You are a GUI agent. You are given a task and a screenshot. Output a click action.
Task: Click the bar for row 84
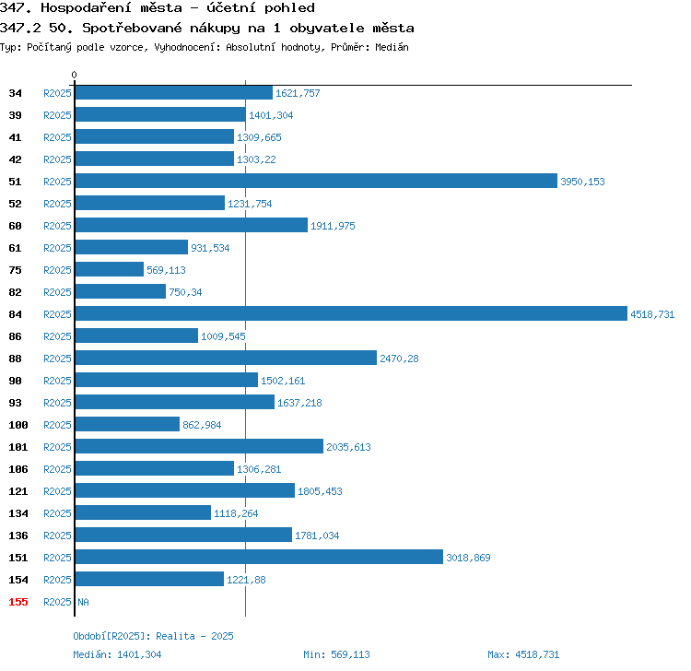click(x=351, y=313)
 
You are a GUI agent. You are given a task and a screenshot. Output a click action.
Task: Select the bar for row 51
click(x=316, y=181)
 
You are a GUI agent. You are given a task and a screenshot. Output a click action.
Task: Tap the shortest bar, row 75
click(x=110, y=269)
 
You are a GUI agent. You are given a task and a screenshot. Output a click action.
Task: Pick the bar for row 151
click(x=259, y=557)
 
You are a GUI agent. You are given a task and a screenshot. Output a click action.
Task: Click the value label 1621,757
click(x=298, y=93)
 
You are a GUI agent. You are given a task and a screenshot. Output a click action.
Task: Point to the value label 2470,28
click(x=399, y=359)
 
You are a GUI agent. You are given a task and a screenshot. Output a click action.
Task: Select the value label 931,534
click(x=210, y=248)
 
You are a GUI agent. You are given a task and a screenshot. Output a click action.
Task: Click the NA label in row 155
click(x=83, y=602)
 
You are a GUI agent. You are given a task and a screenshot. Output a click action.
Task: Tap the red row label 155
click(x=18, y=602)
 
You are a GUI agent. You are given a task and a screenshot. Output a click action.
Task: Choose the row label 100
click(x=18, y=425)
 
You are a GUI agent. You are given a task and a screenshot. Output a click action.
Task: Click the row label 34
click(x=15, y=93)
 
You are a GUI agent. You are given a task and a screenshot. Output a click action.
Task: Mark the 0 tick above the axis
click(x=74, y=75)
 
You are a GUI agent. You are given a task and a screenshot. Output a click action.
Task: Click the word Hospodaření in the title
click(x=86, y=8)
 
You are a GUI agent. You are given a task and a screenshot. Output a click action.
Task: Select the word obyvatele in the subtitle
click(x=326, y=29)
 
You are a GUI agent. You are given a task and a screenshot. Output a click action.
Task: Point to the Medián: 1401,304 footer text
click(x=117, y=654)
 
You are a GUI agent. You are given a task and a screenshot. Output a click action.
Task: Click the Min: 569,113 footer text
click(x=336, y=654)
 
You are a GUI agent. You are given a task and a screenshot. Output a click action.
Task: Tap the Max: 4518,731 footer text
click(x=523, y=654)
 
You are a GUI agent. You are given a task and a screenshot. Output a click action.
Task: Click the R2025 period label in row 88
click(x=57, y=359)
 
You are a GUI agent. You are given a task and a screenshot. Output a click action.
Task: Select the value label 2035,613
click(x=348, y=447)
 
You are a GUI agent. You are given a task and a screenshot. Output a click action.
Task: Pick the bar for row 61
click(x=132, y=247)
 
